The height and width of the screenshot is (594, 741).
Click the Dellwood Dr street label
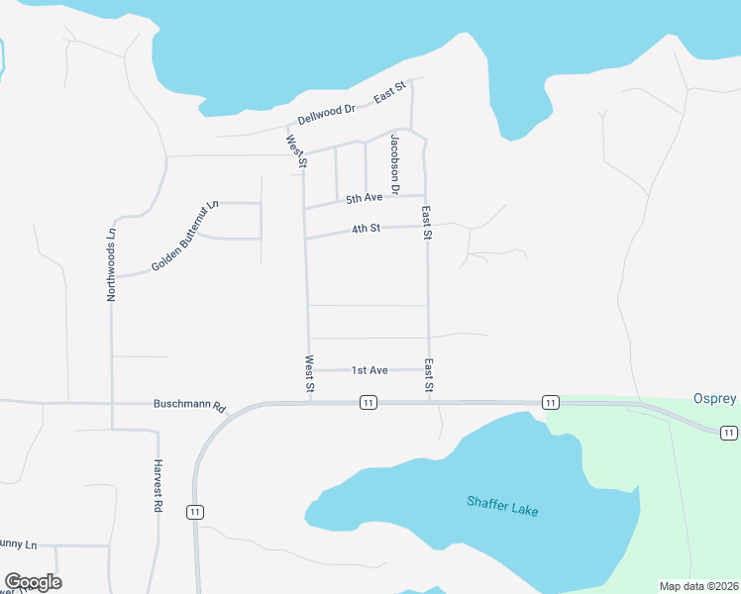pyautogui.click(x=327, y=115)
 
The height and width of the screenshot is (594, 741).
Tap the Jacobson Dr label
pyautogui.click(x=394, y=162)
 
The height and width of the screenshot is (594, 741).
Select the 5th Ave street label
pyautogui.click(x=364, y=199)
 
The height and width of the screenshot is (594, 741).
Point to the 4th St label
pyautogui.click(x=366, y=230)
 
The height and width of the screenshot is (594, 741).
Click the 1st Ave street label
pyautogui.click(x=370, y=370)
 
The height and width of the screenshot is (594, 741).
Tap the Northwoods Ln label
pyautogui.click(x=112, y=264)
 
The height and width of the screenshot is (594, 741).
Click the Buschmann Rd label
pyautogui.click(x=190, y=406)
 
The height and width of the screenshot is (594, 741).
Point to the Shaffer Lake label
pyautogui.click(x=502, y=505)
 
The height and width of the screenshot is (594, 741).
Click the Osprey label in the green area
pyautogui.click(x=715, y=399)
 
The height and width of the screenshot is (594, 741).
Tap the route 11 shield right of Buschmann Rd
pyautogui.click(x=368, y=402)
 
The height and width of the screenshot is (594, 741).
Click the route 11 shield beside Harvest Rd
pyautogui.click(x=195, y=511)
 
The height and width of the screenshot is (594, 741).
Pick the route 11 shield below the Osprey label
pyautogui.click(x=728, y=433)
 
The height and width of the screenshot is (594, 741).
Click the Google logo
pyautogui.click(x=33, y=582)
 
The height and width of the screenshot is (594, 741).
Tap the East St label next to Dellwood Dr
pyautogui.click(x=389, y=94)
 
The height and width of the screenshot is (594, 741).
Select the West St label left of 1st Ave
pyautogui.click(x=309, y=375)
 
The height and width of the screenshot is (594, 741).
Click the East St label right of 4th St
pyautogui.click(x=426, y=223)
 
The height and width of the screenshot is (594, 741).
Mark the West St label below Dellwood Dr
pyautogui.click(x=295, y=151)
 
